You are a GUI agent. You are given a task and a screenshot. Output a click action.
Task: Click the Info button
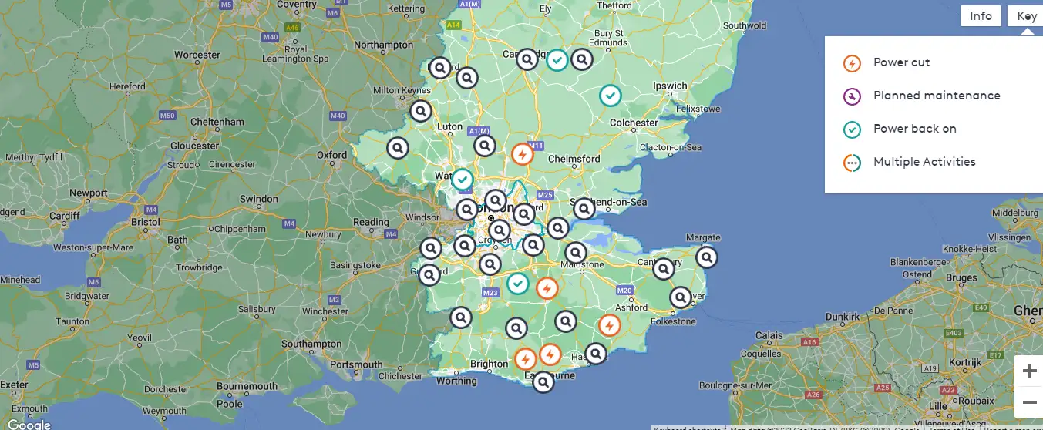981,16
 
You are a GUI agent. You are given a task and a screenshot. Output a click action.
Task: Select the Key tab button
1026,16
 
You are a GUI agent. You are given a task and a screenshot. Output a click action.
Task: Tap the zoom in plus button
1029,371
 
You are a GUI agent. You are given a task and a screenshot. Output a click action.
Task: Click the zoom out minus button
1029,402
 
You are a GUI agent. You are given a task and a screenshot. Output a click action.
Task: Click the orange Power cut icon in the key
852,63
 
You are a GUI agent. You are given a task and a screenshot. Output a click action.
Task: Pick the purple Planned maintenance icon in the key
852,96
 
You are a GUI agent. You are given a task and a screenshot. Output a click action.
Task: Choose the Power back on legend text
914,129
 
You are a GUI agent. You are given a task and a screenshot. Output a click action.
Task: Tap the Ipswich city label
670,86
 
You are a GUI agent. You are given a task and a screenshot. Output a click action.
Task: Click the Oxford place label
332,154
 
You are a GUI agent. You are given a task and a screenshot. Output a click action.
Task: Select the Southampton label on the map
311,344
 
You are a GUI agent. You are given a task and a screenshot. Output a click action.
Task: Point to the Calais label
769,335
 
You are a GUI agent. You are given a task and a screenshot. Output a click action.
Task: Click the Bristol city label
146,221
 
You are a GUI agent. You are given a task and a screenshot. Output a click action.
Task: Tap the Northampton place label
384,45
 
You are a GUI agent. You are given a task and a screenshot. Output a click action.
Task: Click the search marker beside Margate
706,257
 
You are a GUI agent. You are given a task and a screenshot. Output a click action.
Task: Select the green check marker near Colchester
610,96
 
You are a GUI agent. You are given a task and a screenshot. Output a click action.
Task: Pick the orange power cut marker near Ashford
609,325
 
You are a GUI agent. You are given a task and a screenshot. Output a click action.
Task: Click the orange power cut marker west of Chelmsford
523,154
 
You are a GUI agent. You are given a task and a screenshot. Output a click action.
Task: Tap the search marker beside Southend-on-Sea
584,208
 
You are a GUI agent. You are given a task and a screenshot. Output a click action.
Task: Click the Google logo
29,424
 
